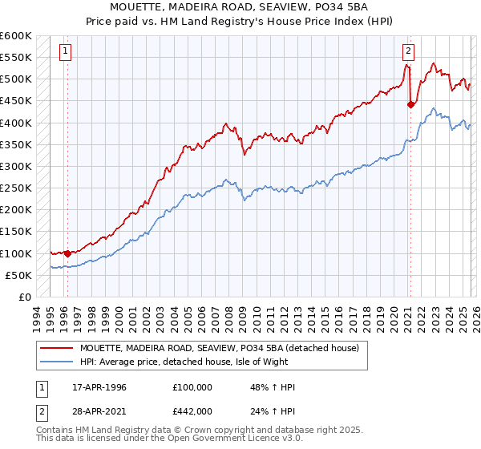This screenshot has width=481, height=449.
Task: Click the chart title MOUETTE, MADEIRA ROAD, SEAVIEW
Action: click(240, 7)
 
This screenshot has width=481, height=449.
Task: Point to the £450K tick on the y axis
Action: click(16, 101)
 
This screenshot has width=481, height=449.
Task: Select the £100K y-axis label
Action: click(16, 253)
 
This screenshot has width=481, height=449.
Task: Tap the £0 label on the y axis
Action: click(24, 297)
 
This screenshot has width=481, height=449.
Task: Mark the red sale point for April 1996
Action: click(67, 253)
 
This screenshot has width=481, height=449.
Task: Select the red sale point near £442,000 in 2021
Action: click(410, 104)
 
